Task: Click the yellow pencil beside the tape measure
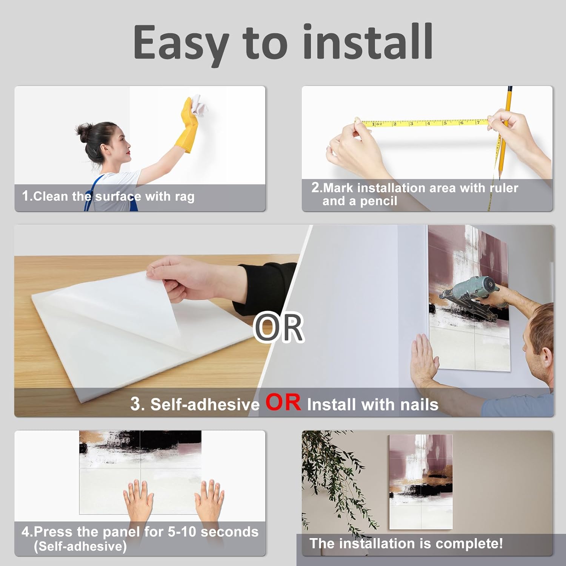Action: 504,132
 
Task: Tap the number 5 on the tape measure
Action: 445,123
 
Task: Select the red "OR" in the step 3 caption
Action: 283,402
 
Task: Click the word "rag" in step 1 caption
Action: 185,197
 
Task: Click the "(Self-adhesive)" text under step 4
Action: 80,546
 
